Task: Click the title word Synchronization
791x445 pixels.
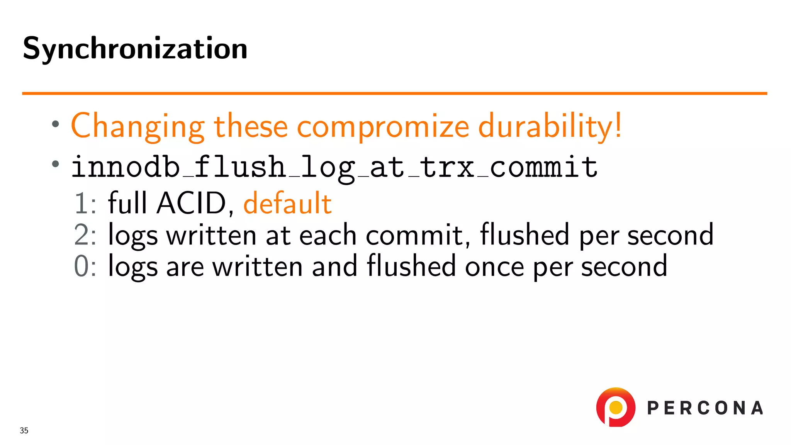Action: pos(135,49)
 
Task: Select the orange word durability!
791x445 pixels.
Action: pos(550,126)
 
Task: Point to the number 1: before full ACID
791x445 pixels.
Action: pos(85,203)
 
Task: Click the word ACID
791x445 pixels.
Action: pos(191,203)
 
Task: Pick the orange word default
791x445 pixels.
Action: pos(287,203)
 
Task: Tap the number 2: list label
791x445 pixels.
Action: pos(85,235)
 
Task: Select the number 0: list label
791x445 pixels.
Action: pos(85,267)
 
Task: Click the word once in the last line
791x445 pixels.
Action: pos(494,267)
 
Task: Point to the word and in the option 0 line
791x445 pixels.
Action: pos(334,267)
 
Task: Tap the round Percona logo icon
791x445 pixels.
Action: pos(616,407)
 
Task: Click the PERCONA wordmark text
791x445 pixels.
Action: pos(705,408)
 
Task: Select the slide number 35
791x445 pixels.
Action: pos(24,430)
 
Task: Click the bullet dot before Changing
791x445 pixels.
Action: pos(56,124)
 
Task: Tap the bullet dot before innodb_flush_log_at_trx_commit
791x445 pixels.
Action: pos(56,164)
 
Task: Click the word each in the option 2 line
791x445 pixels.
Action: pos(328,235)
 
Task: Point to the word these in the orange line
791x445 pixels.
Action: pos(251,126)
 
